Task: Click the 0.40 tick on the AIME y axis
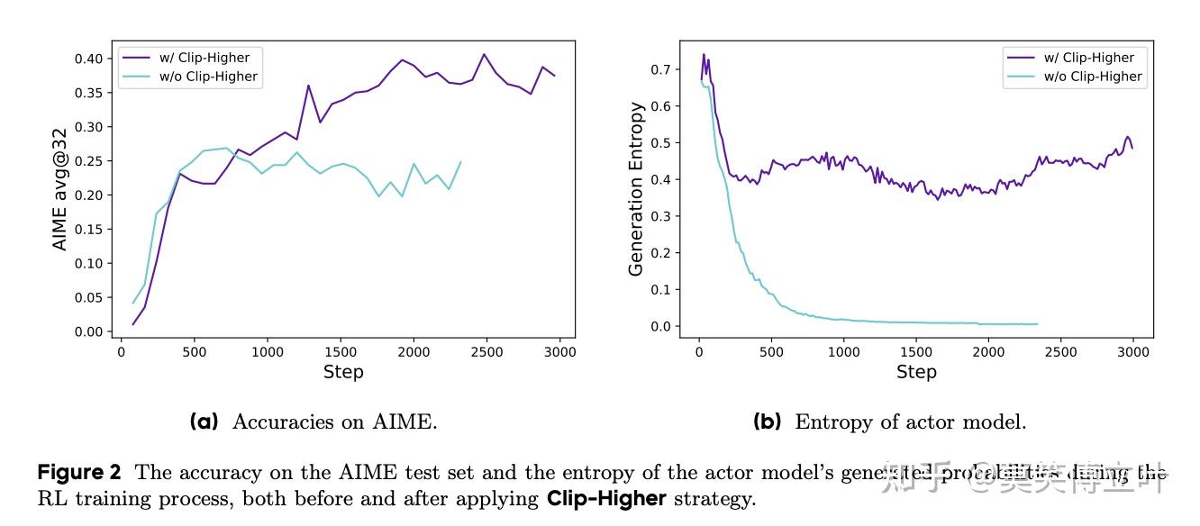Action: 93,59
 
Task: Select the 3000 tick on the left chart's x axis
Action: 559,353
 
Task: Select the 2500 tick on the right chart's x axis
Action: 1061,353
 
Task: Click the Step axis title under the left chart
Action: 343,372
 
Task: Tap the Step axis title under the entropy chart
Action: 916,372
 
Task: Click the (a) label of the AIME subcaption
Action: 204,422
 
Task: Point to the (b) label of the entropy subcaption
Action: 768,422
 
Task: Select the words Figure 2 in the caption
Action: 79,473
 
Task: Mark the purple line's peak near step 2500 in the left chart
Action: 484,54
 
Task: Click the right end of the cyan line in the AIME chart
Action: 461,162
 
